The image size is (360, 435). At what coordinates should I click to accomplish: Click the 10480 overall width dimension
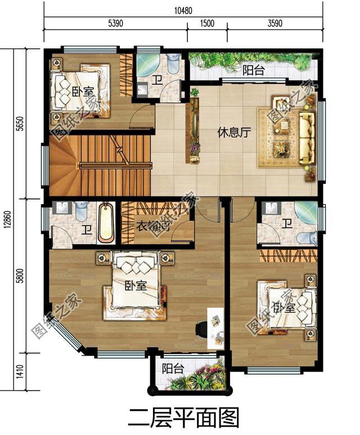click(183, 11)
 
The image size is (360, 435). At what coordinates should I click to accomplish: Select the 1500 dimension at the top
click(207, 23)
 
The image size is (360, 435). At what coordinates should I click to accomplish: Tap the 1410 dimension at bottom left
click(20, 371)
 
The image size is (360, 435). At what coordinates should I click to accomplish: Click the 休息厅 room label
click(234, 133)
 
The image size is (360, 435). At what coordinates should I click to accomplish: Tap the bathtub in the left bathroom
click(106, 223)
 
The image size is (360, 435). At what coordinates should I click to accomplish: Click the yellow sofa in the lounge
click(307, 138)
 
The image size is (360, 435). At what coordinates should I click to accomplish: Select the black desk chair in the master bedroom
click(201, 329)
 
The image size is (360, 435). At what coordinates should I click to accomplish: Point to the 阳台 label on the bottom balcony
click(173, 369)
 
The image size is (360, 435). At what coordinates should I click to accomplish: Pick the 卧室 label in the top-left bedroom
click(83, 91)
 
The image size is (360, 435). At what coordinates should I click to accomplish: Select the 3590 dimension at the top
click(275, 23)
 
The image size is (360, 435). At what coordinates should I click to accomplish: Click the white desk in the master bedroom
click(215, 328)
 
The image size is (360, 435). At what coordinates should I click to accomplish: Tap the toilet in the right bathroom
click(307, 238)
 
